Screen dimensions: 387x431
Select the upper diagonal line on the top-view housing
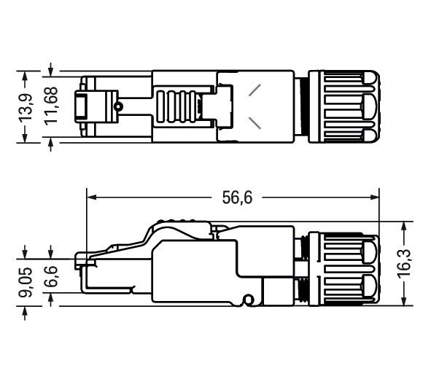[255, 90]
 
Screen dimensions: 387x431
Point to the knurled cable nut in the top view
[343, 106]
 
